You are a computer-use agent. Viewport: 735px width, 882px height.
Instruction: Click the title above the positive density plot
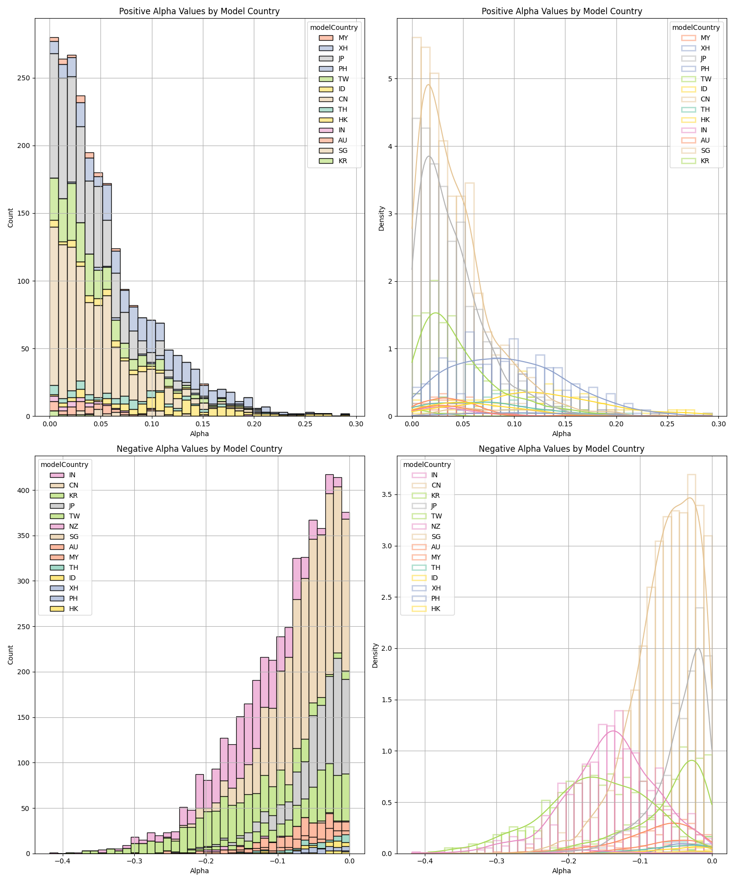point(562,11)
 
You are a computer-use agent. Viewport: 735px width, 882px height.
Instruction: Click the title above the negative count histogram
point(199,449)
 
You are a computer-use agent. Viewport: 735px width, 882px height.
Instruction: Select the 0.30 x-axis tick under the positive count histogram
point(356,424)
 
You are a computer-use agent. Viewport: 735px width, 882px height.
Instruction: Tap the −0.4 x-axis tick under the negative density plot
point(425,861)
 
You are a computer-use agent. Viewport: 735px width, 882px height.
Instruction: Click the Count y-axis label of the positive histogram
point(11,217)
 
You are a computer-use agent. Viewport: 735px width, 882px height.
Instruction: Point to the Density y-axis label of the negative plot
point(375,655)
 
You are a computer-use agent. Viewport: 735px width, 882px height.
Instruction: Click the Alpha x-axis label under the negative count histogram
point(199,871)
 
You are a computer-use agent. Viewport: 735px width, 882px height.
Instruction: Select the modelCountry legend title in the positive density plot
point(696,27)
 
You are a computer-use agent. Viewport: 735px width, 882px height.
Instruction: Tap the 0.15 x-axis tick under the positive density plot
point(565,424)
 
